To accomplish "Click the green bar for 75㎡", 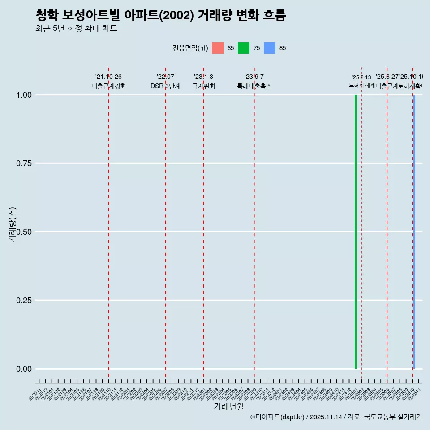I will (x=356, y=232).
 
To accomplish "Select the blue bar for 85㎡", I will (x=414, y=232).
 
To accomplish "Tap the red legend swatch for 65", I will (x=218, y=48).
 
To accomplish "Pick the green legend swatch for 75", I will (x=244, y=48).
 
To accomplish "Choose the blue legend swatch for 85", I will (x=270, y=48).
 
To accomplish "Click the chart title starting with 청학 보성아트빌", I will (x=160, y=16).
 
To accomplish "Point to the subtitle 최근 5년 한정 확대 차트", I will (x=76, y=29).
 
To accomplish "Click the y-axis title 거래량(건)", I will (x=12, y=224).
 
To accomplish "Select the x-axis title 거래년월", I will (x=228, y=407).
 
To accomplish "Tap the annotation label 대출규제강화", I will (x=109, y=86).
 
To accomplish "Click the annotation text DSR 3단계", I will (x=165, y=86).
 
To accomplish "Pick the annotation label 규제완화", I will (x=204, y=86).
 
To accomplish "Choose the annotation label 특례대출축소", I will (x=254, y=86).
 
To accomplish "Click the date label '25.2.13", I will (x=361, y=77).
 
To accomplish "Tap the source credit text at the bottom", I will (x=336, y=417).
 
